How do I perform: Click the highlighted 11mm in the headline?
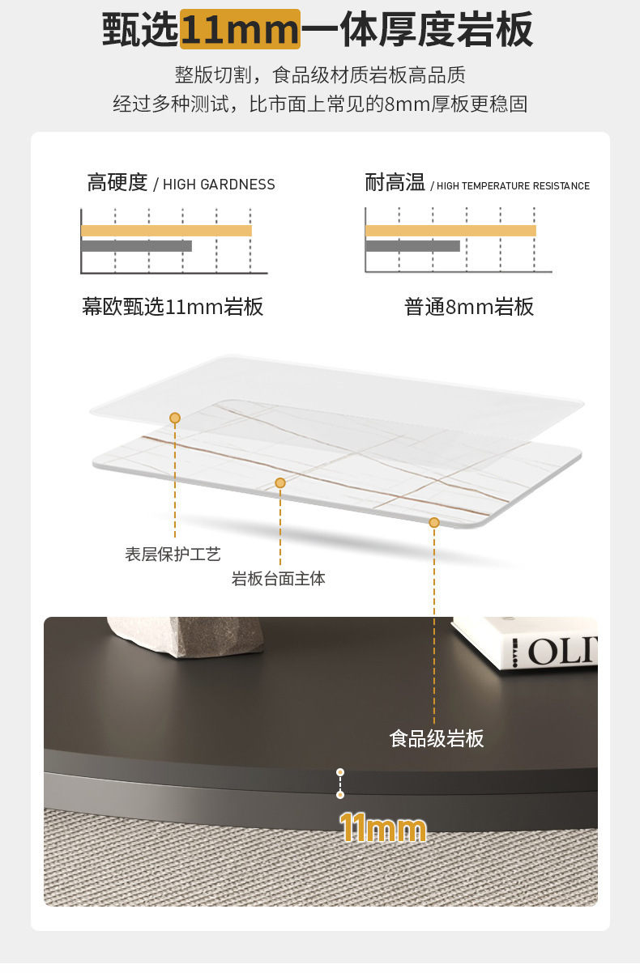[x=240, y=30]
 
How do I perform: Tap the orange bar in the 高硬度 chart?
[x=166, y=231]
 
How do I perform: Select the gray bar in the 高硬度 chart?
[x=136, y=245]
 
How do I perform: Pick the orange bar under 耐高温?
[x=450, y=231]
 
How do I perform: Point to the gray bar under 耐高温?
[x=412, y=245]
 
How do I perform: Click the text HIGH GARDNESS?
[x=219, y=185]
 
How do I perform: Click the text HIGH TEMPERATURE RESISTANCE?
[x=513, y=186]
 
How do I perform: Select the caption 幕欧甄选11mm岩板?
[x=173, y=307]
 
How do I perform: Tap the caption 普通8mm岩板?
[x=469, y=307]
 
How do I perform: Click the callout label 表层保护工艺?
[x=173, y=554]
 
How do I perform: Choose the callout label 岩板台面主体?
[x=279, y=579]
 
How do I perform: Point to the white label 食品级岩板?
[x=437, y=738]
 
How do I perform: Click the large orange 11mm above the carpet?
[x=382, y=828]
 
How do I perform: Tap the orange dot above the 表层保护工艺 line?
[x=175, y=418]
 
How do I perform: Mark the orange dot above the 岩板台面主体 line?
[x=280, y=482]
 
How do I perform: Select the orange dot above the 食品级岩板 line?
[x=434, y=523]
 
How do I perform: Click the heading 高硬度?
[x=117, y=183]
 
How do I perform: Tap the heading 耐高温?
[x=395, y=183]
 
